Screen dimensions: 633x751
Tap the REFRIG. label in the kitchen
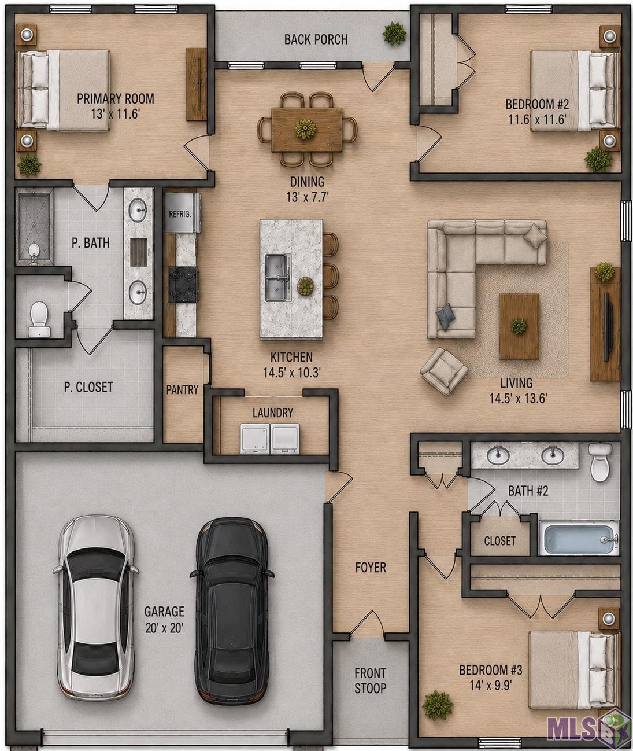(x=180, y=214)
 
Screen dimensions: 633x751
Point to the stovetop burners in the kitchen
(x=183, y=285)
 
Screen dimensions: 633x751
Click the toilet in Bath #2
(x=600, y=462)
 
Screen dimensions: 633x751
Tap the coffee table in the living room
(x=519, y=326)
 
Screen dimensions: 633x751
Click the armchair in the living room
(x=444, y=371)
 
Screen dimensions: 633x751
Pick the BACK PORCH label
(x=316, y=39)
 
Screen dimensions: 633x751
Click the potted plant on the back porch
(x=394, y=34)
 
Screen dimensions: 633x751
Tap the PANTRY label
(x=182, y=389)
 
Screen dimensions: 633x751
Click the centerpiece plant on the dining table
(x=306, y=128)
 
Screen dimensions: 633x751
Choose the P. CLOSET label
(x=88, y=387)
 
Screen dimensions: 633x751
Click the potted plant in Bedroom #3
(x=438, y=705)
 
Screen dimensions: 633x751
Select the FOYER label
(x=371, y=567)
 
